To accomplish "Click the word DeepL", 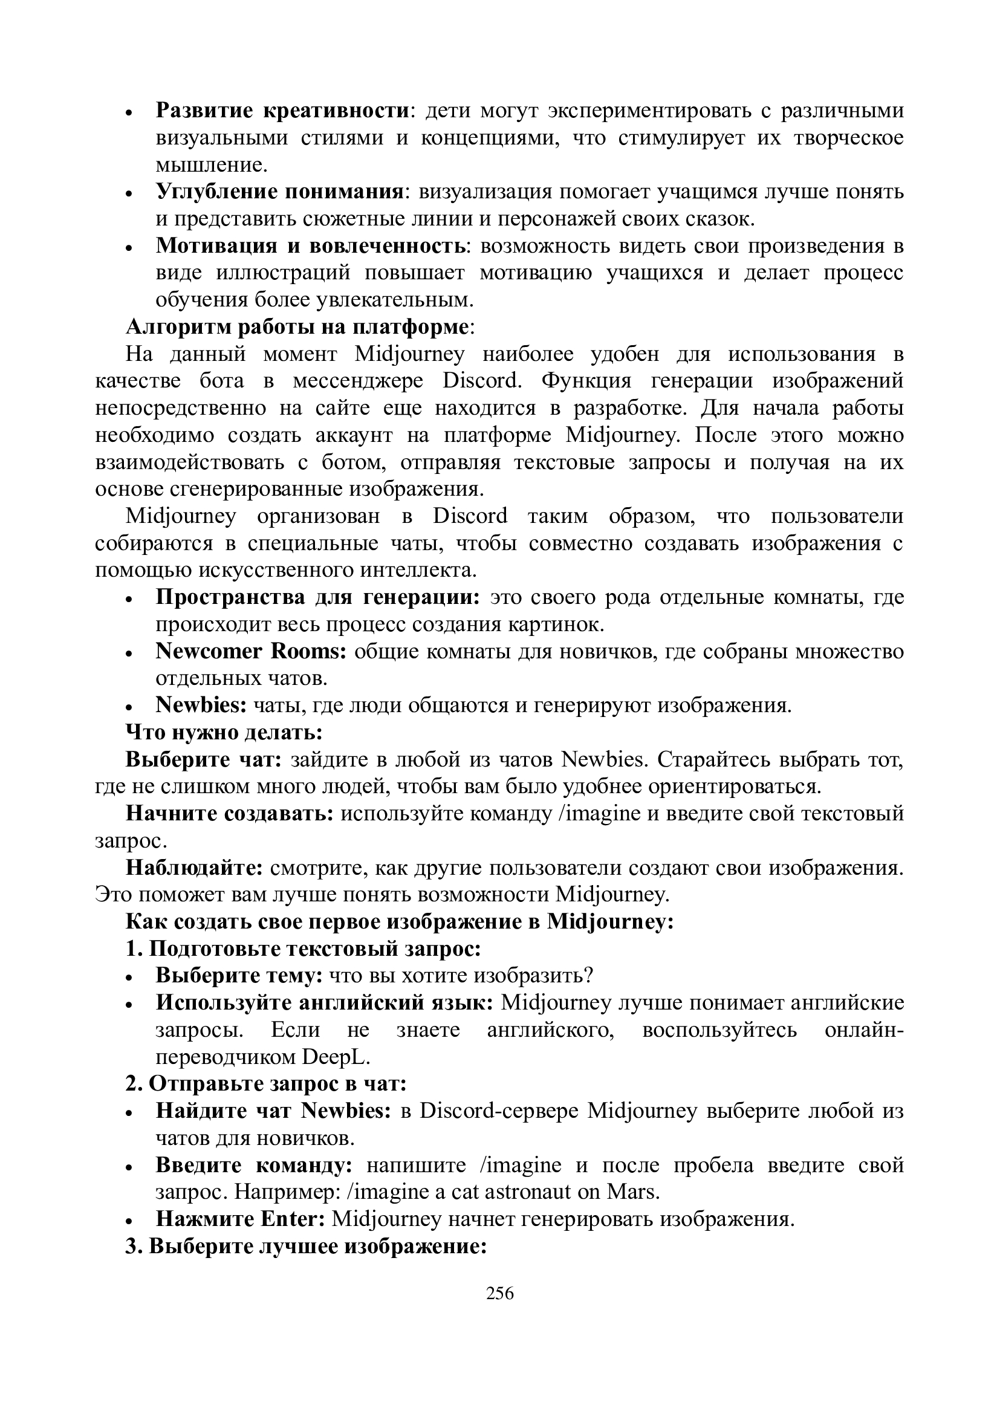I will click(x=336, y=1057).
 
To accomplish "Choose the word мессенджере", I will click(x=358, y=381).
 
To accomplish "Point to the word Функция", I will click(x=587, y=381).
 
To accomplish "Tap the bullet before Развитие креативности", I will click(x=130, y=112).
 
